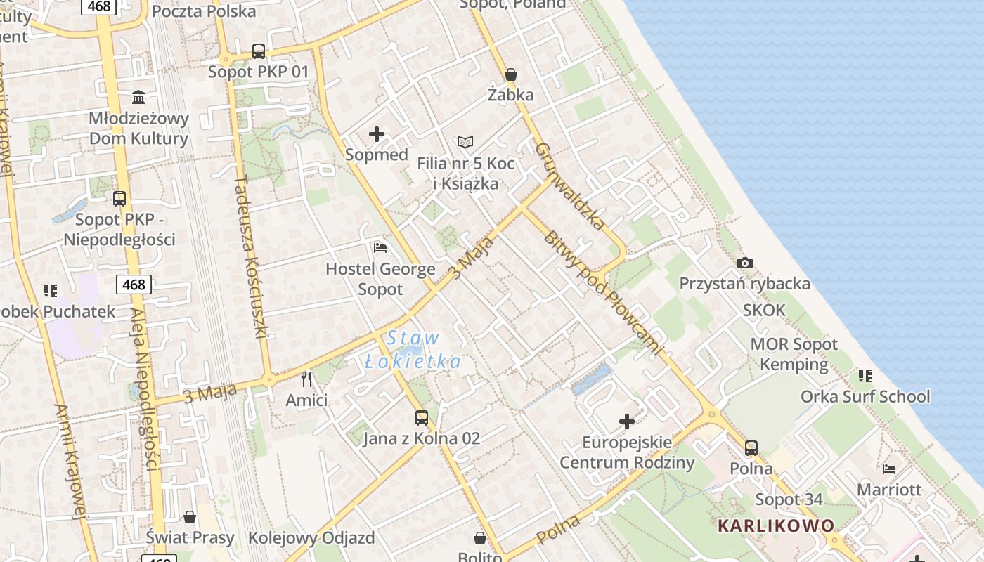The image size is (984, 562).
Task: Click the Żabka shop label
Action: (x=511, y=95)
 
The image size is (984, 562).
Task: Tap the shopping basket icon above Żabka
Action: (x=511, y=74)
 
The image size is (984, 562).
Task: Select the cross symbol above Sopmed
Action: (x=377, y=134)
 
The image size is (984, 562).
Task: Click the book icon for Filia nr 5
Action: (x=465, y=143)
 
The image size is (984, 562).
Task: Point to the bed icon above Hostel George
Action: (x=380, y=248)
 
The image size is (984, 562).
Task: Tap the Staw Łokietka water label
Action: (x=413, y=350)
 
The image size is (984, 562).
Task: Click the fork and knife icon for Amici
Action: (x=306, y=379)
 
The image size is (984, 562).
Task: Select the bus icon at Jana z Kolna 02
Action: (x=421, y=418)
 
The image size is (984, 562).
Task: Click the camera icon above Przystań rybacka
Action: (x=745, y=263)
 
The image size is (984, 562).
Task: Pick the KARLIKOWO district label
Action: (x=776, y=525)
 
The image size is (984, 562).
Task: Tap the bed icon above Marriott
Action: (x=889, y=469)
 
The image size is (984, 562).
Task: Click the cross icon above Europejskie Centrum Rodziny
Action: (x=627, y=421)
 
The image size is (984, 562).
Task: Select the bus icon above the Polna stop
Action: (x=751, y=447)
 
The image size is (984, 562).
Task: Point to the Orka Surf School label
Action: (x=865, y=397)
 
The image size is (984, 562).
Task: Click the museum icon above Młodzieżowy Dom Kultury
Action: (x=138, y=97)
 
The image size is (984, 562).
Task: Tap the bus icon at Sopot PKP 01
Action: (x=259, y=51)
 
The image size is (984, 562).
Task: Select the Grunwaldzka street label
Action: (x=569, y=186)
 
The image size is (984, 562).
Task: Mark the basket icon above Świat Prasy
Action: (x=189, y=518)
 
